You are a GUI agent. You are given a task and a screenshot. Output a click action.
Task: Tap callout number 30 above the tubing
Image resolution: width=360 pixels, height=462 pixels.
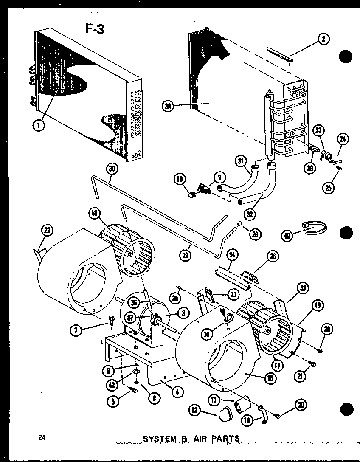(112, 169)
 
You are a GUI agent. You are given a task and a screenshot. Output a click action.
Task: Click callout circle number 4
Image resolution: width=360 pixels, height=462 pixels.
(177, 392)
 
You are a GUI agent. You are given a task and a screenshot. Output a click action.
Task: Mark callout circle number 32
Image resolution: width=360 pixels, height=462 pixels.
(250, 214)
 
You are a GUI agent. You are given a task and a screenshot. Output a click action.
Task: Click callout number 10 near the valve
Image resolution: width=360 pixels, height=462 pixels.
(179, 180)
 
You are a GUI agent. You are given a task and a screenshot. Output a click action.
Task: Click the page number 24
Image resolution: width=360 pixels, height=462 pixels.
(40, 438)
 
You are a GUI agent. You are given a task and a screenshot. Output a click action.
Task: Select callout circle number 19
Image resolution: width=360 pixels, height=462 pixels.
(318, 305)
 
